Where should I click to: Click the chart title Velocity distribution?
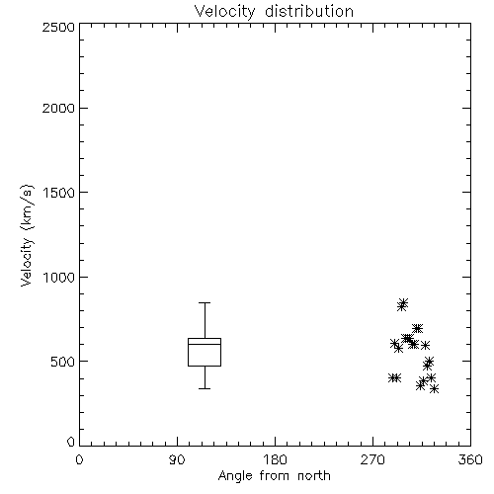coord(274,12)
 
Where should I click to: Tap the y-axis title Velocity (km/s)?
coord(27,235)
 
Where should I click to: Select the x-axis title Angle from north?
coord(274,476)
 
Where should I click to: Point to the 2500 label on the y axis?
coord(58,27)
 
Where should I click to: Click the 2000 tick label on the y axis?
coord(58,108)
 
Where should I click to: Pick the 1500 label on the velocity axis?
coord(59,193)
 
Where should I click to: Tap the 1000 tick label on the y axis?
coord(59,277)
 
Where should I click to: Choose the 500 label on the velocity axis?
coord(63,362)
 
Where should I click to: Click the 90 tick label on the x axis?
coord(177,459)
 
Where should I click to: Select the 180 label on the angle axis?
coord(275,459)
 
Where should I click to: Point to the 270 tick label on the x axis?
coord(372,459)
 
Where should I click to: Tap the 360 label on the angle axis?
coord(470,459)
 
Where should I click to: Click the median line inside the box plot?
coord(205,344)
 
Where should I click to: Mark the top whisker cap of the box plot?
coord(205,302)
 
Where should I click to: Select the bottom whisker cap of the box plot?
coord(205,388)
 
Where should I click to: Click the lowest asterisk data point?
coord(435,389)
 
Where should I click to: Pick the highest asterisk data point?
coord(404,302)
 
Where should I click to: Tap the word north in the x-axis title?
coord(314,476)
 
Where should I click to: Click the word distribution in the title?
coord(309,12)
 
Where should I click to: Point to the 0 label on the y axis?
coord(71,442)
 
